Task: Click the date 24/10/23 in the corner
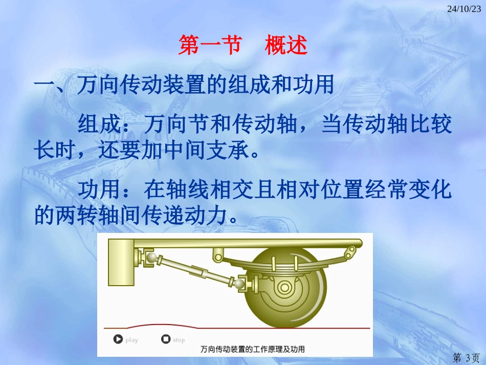point(464,9)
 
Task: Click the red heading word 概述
point(286,46)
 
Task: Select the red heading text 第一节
point(209,46)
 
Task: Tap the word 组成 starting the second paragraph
point(99,124)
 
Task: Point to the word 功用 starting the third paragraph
point(99,190)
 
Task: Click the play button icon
point(118,339)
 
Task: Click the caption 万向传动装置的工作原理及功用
point(253,349)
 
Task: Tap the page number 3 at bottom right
point(466,356)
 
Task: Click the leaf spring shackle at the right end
point(350,251)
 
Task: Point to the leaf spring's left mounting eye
point(217,252)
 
